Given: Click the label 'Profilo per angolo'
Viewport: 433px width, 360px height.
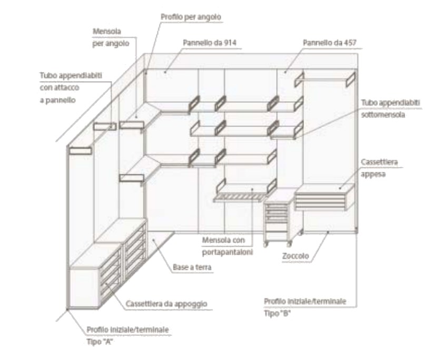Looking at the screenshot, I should (x=190, y=17).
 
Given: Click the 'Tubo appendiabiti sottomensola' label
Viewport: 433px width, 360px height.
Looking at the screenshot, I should (x=390, y=109).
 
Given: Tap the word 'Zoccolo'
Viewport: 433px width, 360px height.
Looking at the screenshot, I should (x=296, y=256).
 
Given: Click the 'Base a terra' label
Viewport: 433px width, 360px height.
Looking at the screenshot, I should (x=192, y=268).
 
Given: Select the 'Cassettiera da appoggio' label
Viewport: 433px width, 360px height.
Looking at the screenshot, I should (x=166, y=304).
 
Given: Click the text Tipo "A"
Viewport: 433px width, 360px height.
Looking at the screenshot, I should (x=100, y=341).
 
